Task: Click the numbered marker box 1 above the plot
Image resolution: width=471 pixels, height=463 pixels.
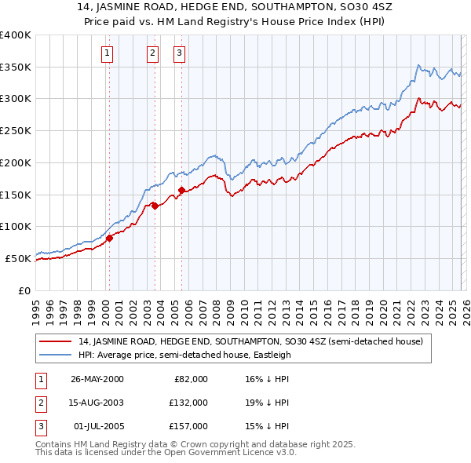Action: [107, 53]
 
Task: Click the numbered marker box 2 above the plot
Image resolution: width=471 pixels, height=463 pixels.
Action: [152, 53]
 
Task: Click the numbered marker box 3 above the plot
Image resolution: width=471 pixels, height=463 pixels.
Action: [179, 53]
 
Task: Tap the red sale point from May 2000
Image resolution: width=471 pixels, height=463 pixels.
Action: [110, 239]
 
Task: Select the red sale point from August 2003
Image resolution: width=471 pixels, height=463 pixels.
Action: [155, 206]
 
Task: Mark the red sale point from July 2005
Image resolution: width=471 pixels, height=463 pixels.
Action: [181, 190]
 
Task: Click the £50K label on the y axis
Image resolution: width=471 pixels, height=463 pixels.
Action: [19, 258]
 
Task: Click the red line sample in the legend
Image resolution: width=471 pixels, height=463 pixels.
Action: [57, 341]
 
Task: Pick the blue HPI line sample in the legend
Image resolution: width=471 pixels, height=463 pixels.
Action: [57, 355]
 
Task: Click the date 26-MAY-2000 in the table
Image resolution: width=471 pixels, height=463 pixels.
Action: [97, 379]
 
